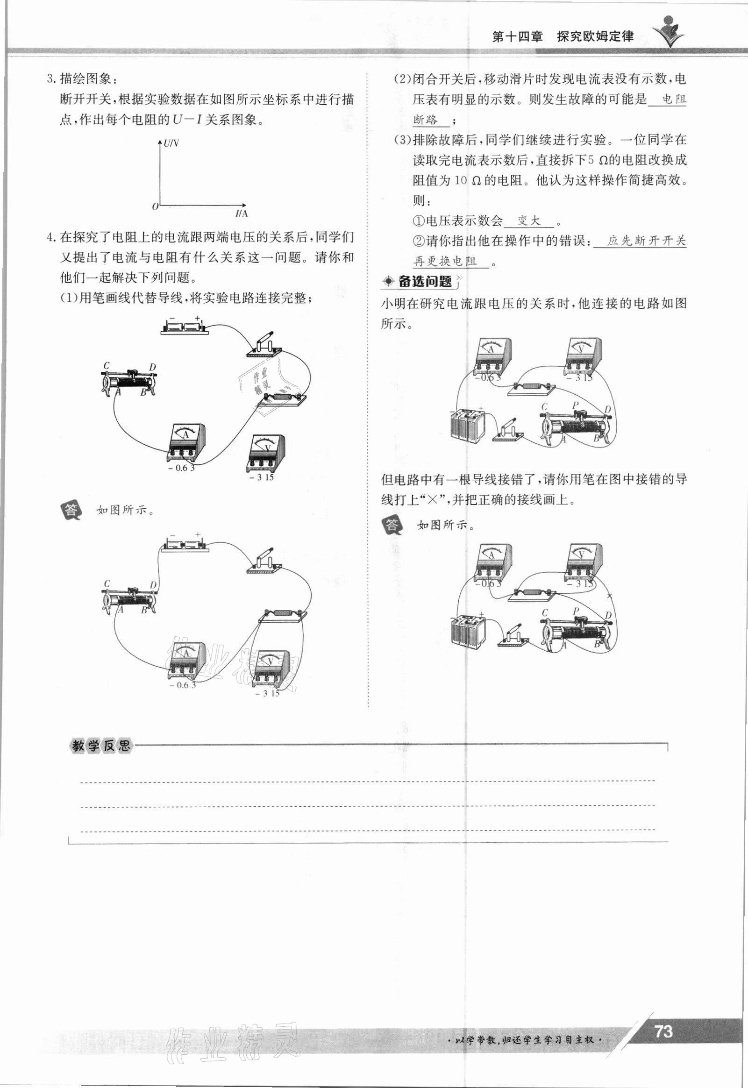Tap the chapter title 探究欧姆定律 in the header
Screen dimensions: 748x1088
[596, 36]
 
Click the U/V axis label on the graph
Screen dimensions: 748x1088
[171, 142]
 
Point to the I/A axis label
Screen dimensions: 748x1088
[241, 213]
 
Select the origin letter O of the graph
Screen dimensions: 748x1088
[155, 206]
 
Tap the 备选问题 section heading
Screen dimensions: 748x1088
[425, 281]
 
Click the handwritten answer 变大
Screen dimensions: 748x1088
[528, 220]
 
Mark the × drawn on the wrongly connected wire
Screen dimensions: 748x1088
[609, 596]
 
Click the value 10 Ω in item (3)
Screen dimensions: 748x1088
[468, 180]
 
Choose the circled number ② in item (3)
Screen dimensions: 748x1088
[418, 241]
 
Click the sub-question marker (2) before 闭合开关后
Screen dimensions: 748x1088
[402, 79]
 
